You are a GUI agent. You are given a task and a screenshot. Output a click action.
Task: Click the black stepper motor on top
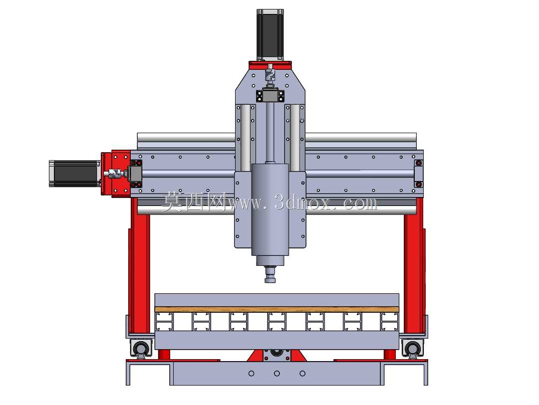270,34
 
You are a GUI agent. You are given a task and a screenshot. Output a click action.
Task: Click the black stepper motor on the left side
74,174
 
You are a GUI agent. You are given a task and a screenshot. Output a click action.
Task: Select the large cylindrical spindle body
270,209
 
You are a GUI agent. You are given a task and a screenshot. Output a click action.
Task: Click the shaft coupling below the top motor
270,74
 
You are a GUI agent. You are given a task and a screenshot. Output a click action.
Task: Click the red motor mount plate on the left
116,174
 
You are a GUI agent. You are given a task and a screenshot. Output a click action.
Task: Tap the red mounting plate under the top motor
270,64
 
